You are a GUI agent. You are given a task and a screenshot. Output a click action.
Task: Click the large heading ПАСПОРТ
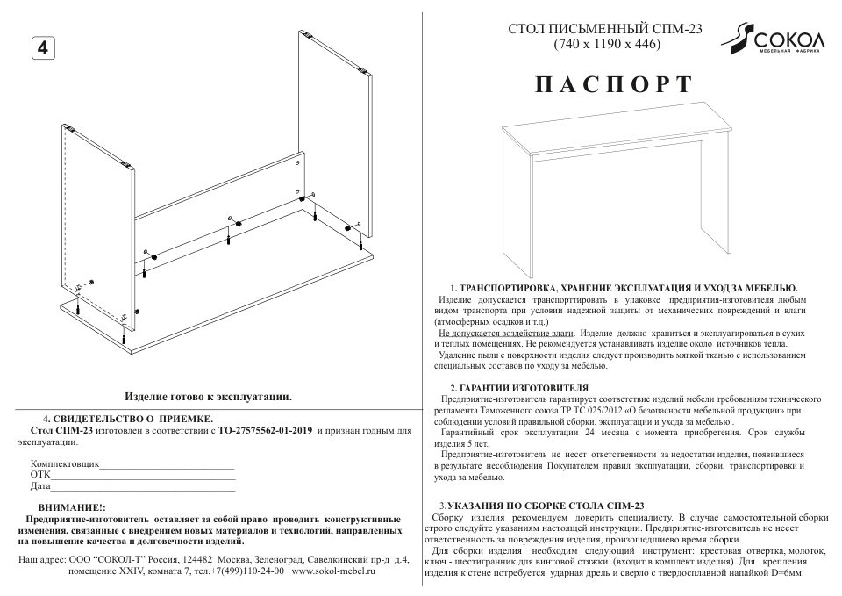613,85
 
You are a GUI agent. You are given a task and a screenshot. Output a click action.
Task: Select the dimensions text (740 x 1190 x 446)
606,44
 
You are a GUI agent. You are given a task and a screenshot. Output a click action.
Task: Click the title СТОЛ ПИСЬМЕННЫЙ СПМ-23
606,29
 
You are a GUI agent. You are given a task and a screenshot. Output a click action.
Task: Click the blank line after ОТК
144,475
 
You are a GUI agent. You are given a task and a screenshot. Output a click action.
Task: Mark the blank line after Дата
144,486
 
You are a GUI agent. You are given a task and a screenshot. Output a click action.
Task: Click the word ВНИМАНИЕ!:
72,508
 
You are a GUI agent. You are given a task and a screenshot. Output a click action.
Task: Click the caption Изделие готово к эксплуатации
209,397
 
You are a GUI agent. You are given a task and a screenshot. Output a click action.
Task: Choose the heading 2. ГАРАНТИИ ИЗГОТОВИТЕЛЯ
519,387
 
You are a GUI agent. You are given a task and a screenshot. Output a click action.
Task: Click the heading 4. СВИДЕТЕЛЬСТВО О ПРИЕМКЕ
128,419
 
